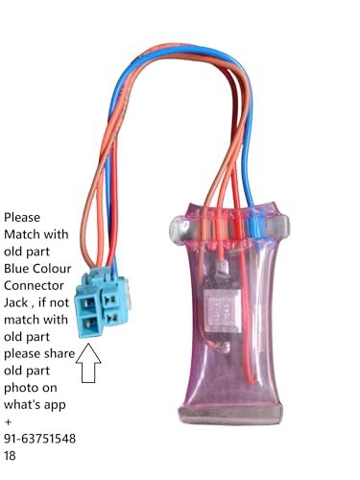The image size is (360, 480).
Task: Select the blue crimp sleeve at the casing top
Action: (x=256, y=222)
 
